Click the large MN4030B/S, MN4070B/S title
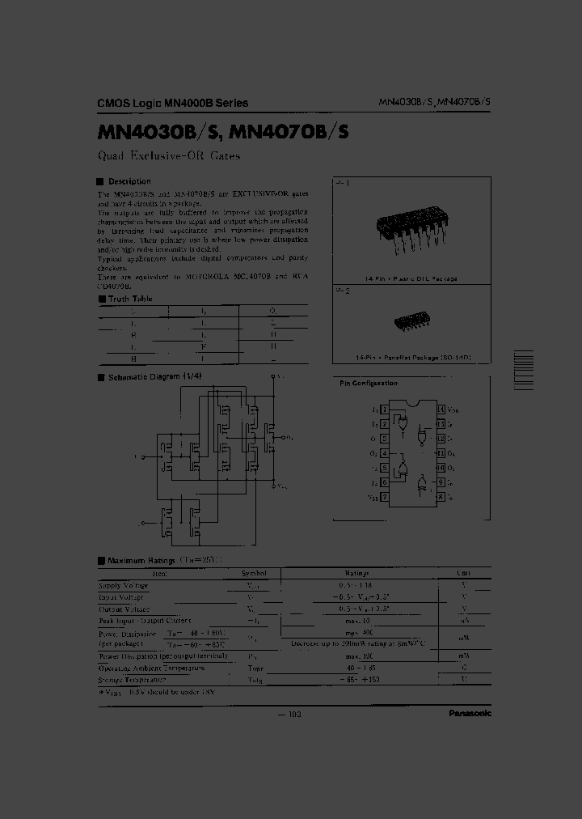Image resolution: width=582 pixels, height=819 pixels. tap(223, 131)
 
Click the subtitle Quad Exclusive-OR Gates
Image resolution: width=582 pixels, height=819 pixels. tap(168, 156)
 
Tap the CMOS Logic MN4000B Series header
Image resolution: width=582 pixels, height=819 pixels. tap(172, 103)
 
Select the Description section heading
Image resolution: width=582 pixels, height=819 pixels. tap(129, 181)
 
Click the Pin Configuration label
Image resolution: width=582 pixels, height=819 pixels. tap(369, 384)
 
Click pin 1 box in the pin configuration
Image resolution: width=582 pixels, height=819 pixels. tap(384, 409)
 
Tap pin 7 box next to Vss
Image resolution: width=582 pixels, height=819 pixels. tap(384, 497)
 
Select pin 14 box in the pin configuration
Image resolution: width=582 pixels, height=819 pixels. tap(441, 409)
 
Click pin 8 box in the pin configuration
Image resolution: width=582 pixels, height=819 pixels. tap(441, 497)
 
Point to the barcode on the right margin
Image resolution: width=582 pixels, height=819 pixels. tap(523, 371)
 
